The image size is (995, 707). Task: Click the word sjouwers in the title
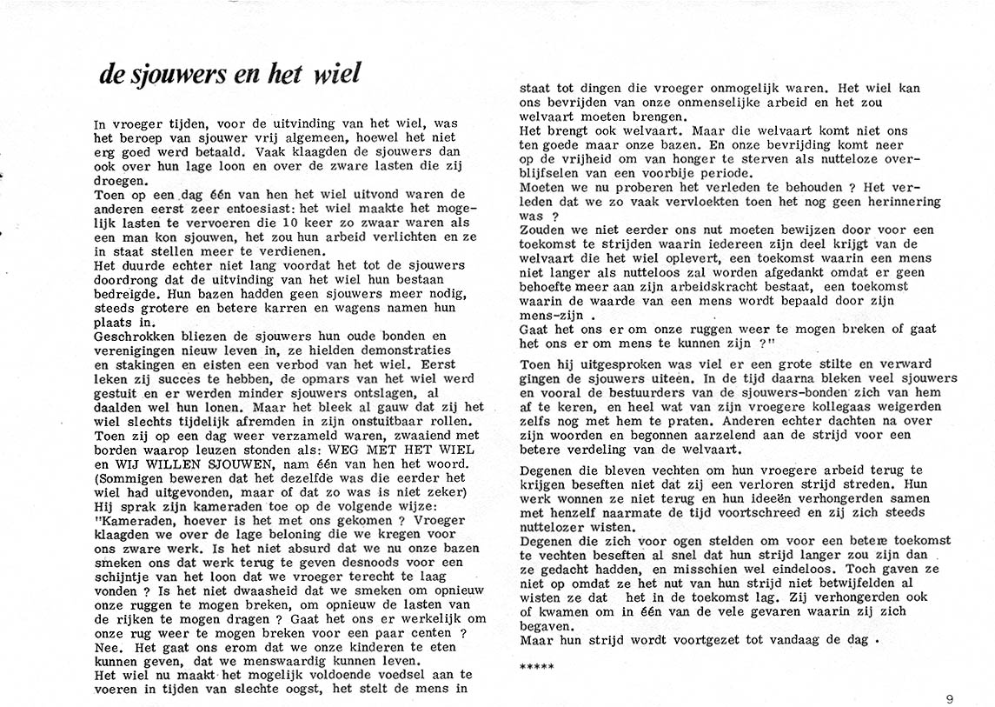pos(173,75)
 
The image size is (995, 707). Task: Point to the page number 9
pos(951,697)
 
